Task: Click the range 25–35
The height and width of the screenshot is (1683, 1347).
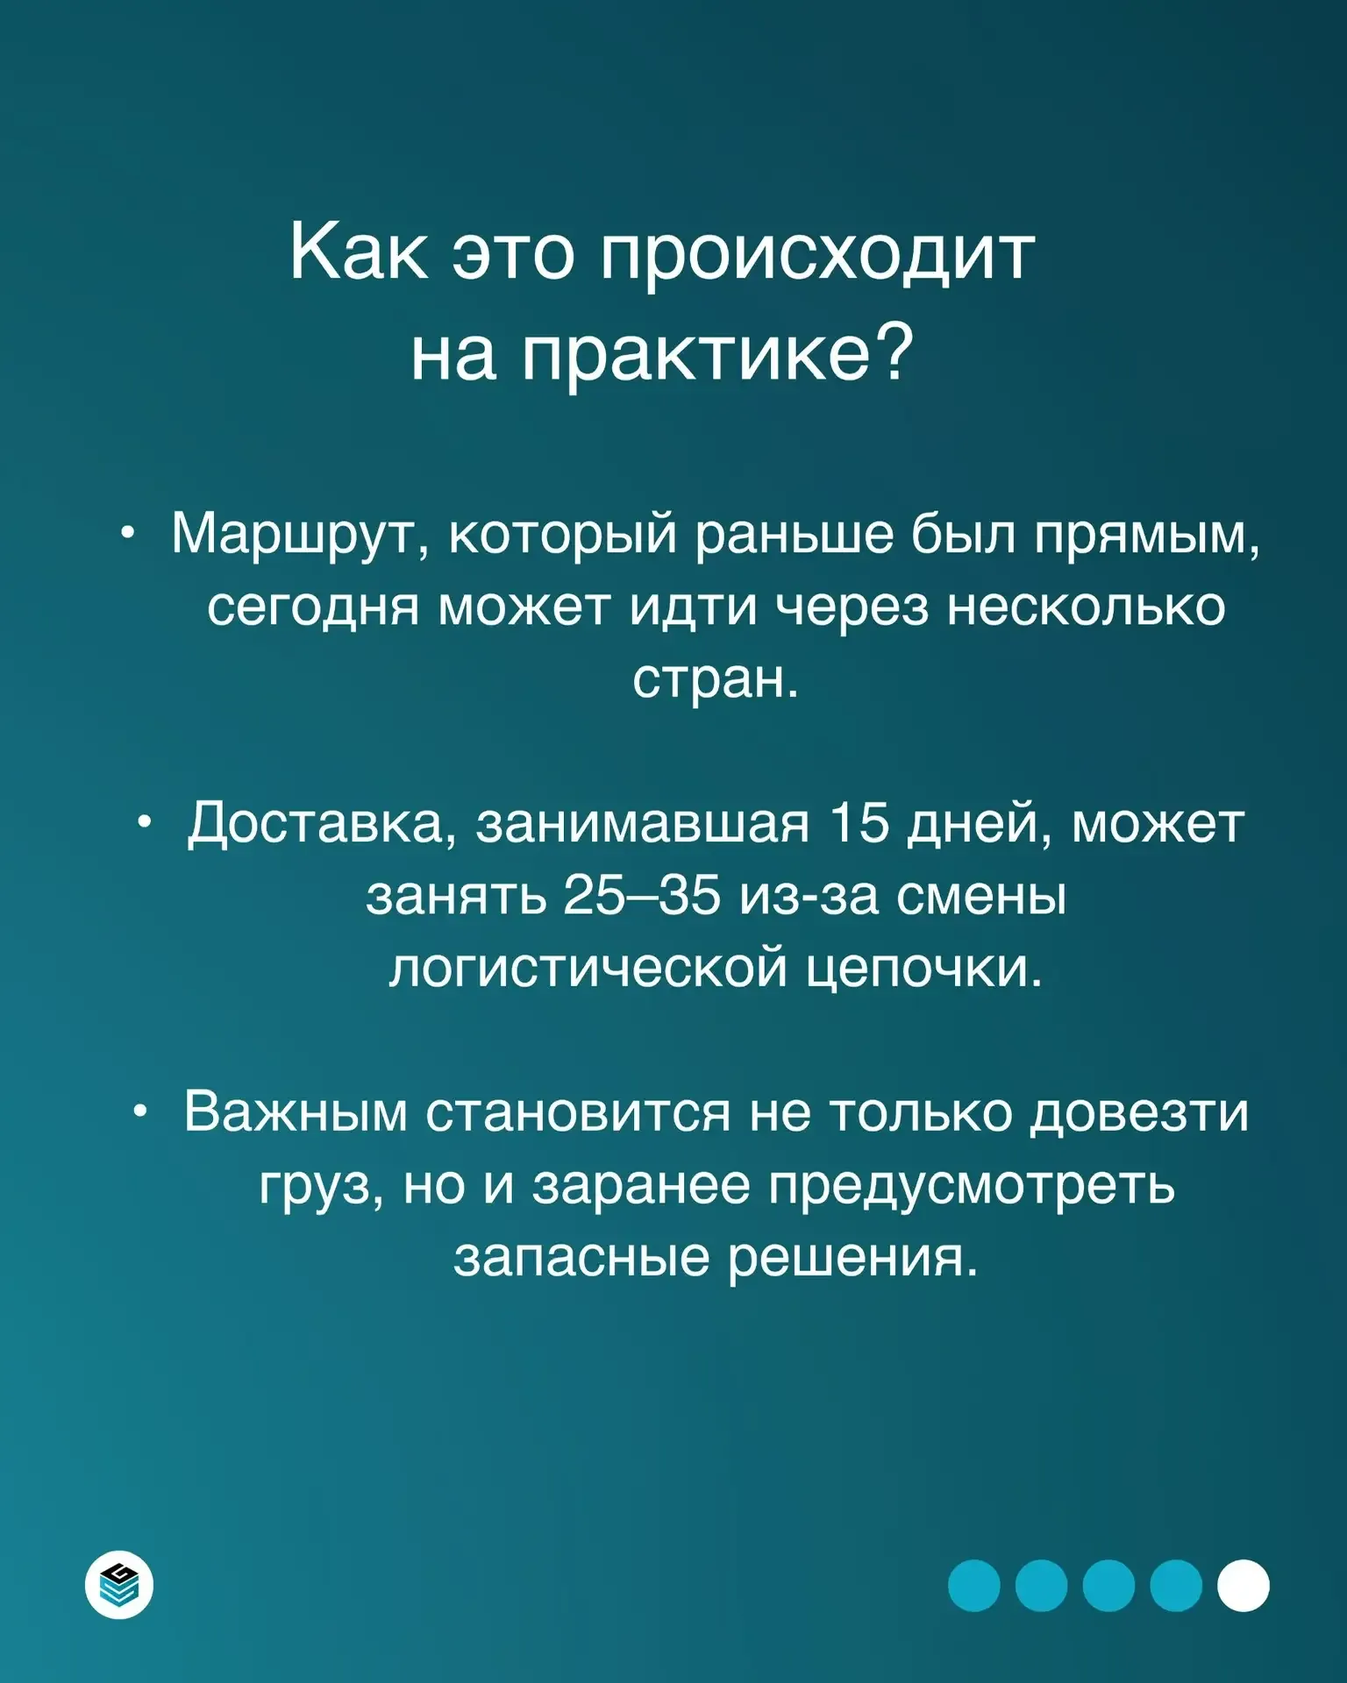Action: (642, 896)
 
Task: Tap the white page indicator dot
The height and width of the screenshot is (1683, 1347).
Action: (1244, 1586)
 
